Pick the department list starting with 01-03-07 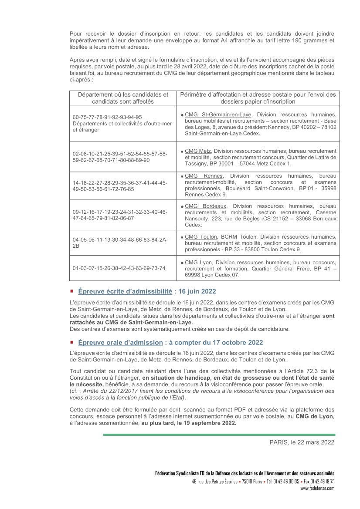[119, 268]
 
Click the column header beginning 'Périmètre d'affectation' [258, 98]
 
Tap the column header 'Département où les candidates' [123, 98]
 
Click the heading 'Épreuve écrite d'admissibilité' [119, 291]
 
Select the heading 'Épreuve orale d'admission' [120, 343]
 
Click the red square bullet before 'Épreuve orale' [72, 342]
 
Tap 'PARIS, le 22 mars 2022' [302, 442]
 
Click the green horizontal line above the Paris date [219, 435]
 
